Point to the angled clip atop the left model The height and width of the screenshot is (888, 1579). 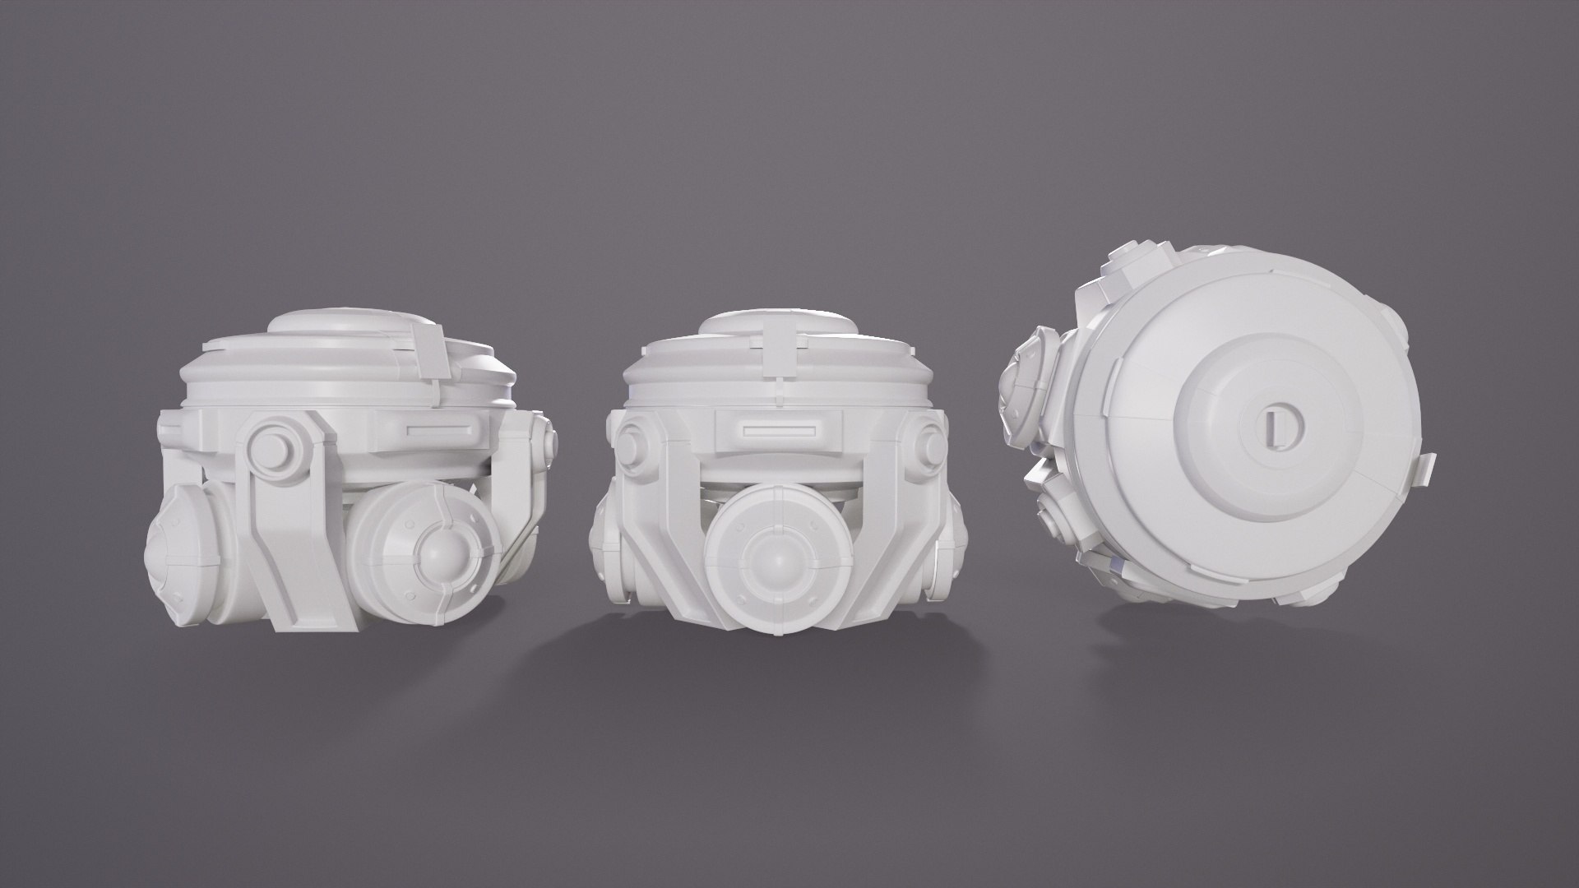tap(428, 345)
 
